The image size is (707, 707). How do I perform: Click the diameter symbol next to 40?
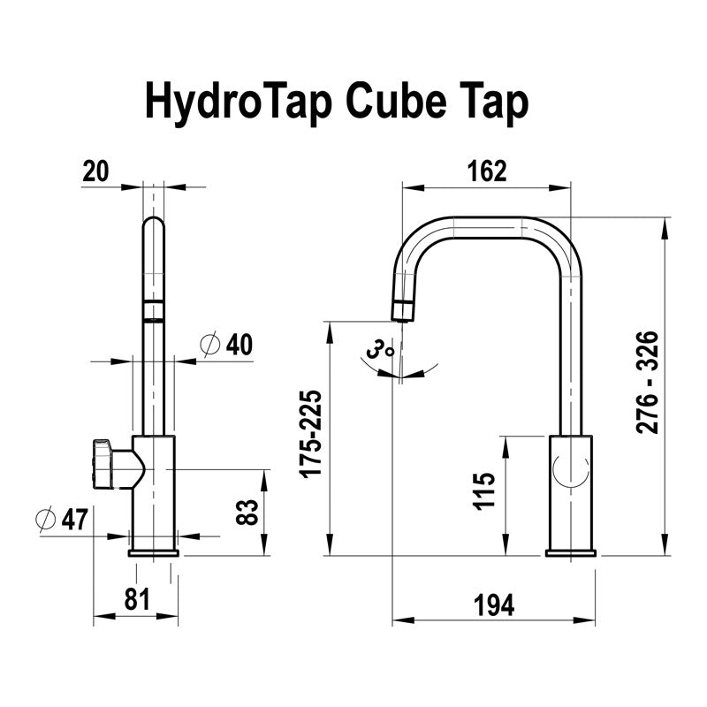pyautogui.click(x=209, y=345)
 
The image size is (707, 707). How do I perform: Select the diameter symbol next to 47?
pyautogui.click(x=48, y=520)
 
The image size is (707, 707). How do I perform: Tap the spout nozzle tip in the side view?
pyautogui.click(x=403, y=310)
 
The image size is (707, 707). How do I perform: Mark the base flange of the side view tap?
pyautogui.click(x=570, y=553)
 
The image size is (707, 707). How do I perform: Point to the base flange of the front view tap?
pyautogui.click(x=154, y=553)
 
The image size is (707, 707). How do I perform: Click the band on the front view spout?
pyautogui.click(x=154, y=311)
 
